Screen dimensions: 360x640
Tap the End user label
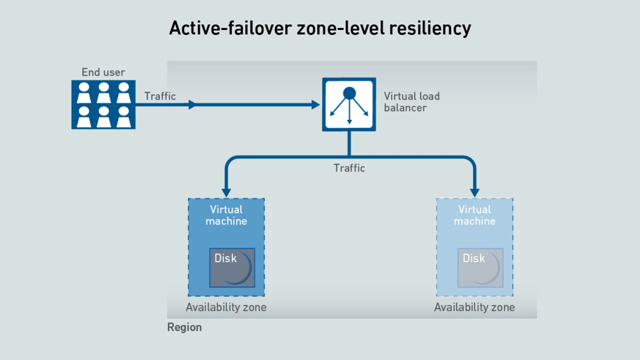click(103, 72)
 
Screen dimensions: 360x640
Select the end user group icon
click(103, 104)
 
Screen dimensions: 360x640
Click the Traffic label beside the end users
click(160, 96)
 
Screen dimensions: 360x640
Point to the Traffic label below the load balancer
click(349, 168)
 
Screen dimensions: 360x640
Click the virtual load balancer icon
click(349, 104)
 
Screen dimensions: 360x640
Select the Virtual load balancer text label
click(411, 101)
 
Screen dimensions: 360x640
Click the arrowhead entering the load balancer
click(315, 104)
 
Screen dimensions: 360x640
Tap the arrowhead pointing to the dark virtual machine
click(226, 192)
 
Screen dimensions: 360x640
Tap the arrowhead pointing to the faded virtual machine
click(474, 192)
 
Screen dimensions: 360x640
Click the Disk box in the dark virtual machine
click(232, 267)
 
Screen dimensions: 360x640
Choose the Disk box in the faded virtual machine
click(480, 267)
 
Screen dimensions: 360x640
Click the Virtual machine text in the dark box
click(226, 215)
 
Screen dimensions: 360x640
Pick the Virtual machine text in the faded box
click(475, 215)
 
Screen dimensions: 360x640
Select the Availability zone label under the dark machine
click(226, 307)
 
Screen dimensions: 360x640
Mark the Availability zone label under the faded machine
click(474, 307)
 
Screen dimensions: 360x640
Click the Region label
click(184, 327)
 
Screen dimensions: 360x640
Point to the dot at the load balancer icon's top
click(349, 93)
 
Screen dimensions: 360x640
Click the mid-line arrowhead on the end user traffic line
click(192, 104)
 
